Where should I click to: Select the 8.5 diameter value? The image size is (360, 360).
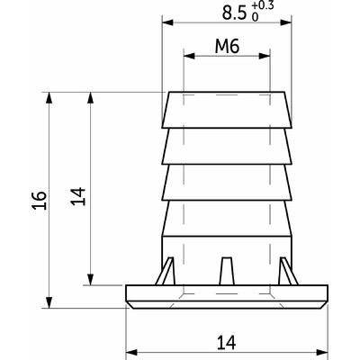[233, 13]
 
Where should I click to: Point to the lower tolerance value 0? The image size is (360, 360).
[255, 18]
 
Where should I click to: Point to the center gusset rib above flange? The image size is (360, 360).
[227, 270]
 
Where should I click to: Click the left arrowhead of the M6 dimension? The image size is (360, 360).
[188, 56]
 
